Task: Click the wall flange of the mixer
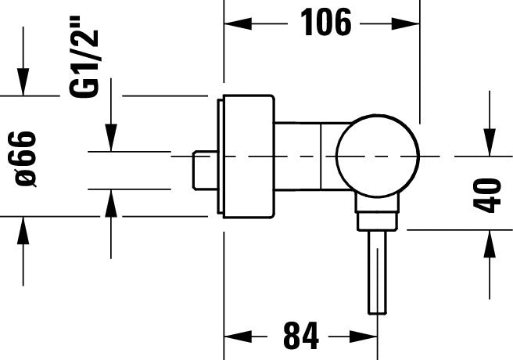click(249, 157)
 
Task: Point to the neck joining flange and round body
click(305, 157)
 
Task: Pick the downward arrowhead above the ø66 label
click(24, 85)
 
